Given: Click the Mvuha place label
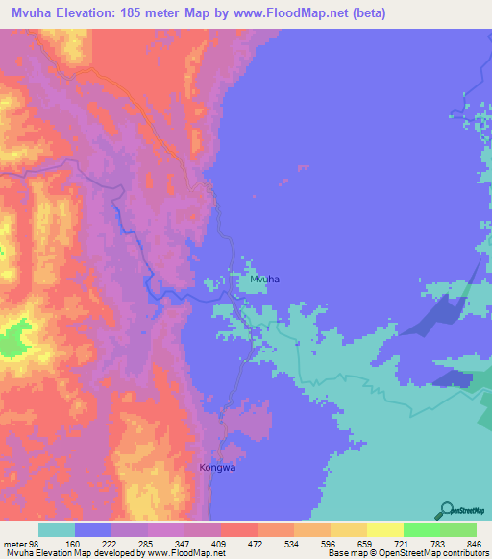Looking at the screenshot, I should tap(264, 279).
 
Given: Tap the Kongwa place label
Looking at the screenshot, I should tap(216, 468).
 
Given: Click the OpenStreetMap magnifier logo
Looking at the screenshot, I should tap(449, 509).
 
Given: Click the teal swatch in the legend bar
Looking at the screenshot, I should tap(57, 529).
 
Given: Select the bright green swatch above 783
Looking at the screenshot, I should tap(421, 529).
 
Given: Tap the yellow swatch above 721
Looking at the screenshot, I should tap(384, 529).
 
